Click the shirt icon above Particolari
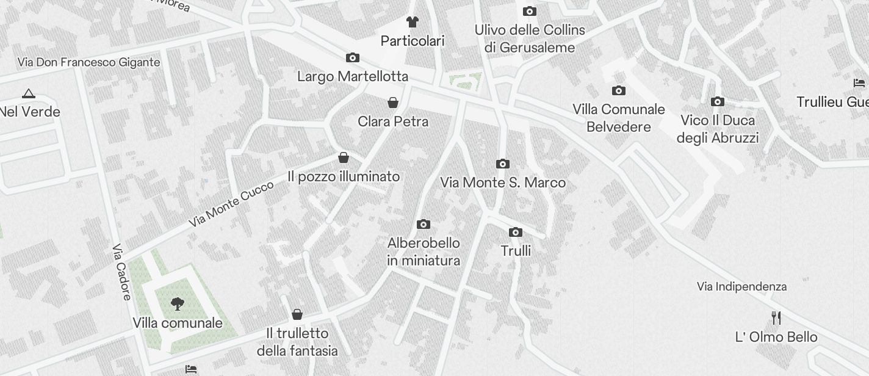pos(413,22)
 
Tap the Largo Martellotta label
pos(353,77)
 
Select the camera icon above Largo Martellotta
pos(353,58)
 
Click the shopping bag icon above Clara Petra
pos(393,102)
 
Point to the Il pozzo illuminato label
pos(344,176)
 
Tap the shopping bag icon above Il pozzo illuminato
pos(344,157)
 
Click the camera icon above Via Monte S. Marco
pos(503,164)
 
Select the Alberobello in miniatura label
pos(424,251)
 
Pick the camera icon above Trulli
pos(516,232)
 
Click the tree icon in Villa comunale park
pos(178,303)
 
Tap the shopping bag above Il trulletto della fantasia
pos(297,314)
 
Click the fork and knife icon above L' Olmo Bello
pos(776,318)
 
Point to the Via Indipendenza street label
pos(741,286)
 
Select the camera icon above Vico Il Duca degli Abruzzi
pos(718,101)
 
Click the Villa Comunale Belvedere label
pos(619,118)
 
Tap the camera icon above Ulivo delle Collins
pos(530,11)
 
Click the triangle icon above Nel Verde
pos(28,93)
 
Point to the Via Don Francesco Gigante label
pos(89,62)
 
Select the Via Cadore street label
pos(121,272)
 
